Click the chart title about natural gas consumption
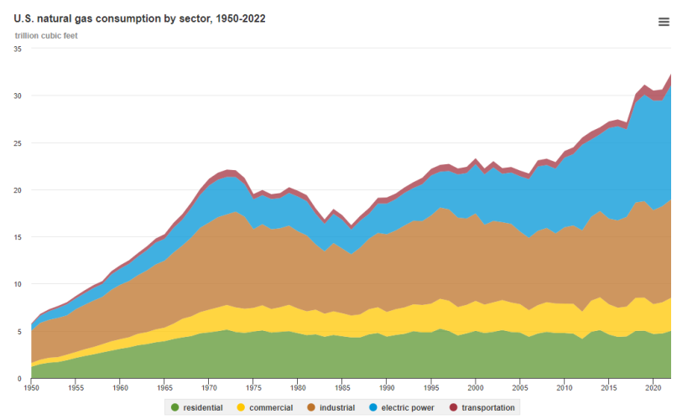140,18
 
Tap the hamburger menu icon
664,23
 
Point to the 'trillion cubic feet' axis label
46,35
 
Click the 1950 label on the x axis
31,388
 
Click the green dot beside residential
174,407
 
